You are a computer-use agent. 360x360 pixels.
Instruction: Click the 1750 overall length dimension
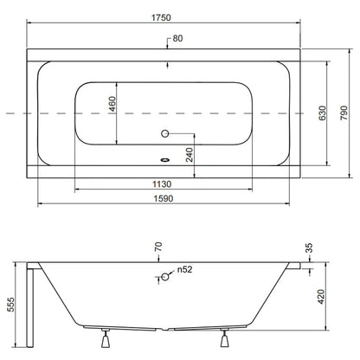[x=161, y=17]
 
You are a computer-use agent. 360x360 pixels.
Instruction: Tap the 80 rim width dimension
[x=177, y=38]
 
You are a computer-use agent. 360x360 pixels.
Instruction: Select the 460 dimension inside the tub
[x=112, y=104]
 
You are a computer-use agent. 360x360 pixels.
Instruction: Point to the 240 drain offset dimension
[x=190, y=155]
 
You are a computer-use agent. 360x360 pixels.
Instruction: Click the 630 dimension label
[x=323, y=113]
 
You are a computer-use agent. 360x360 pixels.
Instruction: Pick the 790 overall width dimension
[x=344, y=113]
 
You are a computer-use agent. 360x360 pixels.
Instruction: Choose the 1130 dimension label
[x=162, y=184]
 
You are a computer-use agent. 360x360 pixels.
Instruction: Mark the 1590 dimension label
[x=164, y=198]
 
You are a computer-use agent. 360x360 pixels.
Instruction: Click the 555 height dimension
[x=10, y=305]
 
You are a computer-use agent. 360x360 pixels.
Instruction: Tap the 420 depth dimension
[x=321, y=297]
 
